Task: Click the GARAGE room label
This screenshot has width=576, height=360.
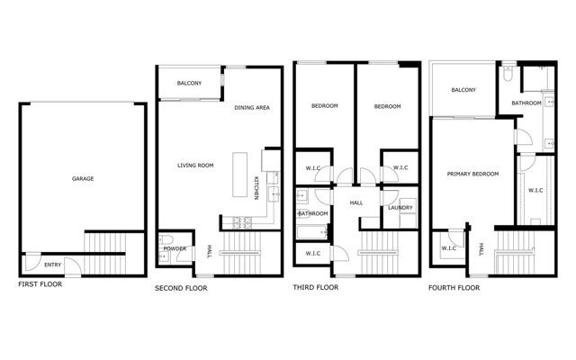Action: point(83,178)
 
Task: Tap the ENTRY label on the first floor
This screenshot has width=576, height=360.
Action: point(53,265)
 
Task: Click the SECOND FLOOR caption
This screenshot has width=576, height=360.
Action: point(180,289)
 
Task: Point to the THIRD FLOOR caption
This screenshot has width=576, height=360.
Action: point(316,289)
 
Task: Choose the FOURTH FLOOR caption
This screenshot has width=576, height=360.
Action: point(454,289)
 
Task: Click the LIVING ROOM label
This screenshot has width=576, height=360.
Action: point(194,165)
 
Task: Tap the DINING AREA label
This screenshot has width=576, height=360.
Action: point(252,108)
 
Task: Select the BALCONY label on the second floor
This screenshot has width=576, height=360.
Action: point(189,84)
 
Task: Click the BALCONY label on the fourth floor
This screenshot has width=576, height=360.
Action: point(463,90)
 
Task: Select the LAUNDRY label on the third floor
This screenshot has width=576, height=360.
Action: point(400,209)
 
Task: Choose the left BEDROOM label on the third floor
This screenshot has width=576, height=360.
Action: point(324,106)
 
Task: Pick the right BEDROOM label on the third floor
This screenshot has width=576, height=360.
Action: point(387,106)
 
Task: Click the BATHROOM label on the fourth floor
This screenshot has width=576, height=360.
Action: point(526,103)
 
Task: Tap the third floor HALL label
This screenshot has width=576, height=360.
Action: point(355,202)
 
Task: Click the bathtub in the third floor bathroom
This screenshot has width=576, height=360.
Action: point(311,232)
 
